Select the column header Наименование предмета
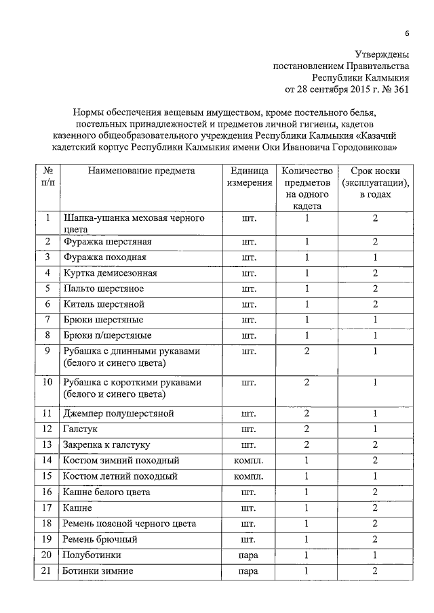(142, 171)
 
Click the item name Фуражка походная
(104, 257)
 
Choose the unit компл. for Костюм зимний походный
(249, 461)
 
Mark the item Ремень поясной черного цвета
(130, 524)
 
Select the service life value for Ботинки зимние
(374, 570)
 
